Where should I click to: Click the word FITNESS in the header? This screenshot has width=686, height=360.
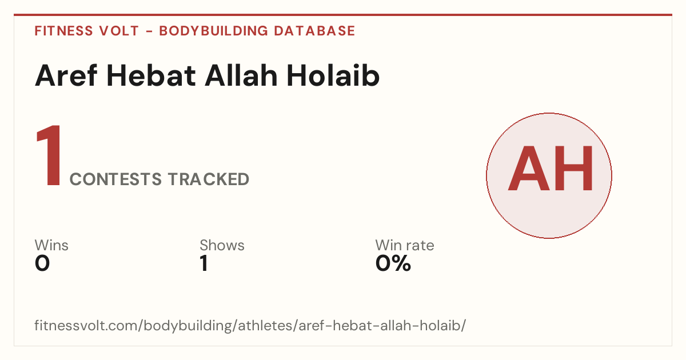pyautogui.click(x=63, y=31)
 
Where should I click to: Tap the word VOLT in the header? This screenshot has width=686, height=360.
pyautogui.click(x=119, y=31)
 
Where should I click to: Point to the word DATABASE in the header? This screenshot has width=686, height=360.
pyautogui.click(x=314, y=31)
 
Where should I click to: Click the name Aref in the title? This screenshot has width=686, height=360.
pyautogui.click(x=66, y=75)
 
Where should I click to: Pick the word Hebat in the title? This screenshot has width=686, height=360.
pyautogui.click(x=151, y=75)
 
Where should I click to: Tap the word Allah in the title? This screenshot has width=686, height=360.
pyautogui.click(x=241, y=75)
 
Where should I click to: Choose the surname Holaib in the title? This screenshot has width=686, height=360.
pyautogui.click(x=333, y=75)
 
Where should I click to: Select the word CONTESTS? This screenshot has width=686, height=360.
pyautogui.click(x=115, y=179)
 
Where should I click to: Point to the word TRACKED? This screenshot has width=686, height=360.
pyautogui.click(x=209, y=179)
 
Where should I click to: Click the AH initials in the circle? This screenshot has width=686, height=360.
pyautogui.click(x=551, y=169)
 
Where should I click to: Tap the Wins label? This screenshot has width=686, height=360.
pyautogui.click(x=51, y=245)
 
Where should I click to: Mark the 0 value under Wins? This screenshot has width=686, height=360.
pyautogui.click(x=42, y=263)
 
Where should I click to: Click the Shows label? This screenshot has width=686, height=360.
pyautogui.click(x=222, y=245)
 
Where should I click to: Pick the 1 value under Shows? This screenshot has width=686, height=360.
pyautogui.click(x=204, y=263)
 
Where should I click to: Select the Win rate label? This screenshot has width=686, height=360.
pyautogui.click(x=405, y=245)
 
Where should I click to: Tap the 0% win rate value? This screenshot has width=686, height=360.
pyautogui.click(x=393, y=263)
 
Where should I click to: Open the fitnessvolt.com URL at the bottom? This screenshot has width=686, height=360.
pyautogui.click(x=250, y=325)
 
